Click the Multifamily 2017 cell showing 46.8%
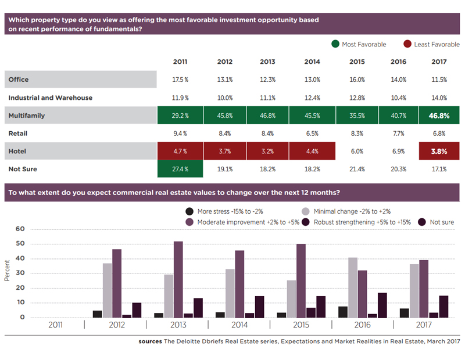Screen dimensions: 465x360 coord(439,116)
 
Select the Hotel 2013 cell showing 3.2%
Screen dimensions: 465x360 coord(267,151)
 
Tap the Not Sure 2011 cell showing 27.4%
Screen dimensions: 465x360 coord(180,169)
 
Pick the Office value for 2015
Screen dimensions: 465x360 coord(357,80)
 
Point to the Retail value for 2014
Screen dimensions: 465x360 coord(312,134)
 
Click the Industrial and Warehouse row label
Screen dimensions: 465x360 coord(51,98)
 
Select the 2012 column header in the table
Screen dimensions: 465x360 coord(224,62)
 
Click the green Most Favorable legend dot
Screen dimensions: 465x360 coord(335,44)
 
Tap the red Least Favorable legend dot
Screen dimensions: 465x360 coord(407,44)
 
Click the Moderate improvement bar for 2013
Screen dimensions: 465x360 coord(178,280)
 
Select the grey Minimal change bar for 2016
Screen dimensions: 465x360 coord(353,287)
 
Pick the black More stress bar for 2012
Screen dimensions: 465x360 coord(97,314)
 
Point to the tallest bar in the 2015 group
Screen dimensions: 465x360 coord(301,281)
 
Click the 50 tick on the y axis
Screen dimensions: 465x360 coord(20,243)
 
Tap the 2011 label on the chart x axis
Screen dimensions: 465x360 coord(55,325)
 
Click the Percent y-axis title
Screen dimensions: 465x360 coord(7,271)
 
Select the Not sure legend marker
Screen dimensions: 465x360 coord(422,222)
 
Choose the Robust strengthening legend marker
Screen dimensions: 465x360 coord(306,222)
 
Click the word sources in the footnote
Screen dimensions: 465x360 coord(150,341)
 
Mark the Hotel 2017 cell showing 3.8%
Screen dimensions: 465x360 coord(439,151)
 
